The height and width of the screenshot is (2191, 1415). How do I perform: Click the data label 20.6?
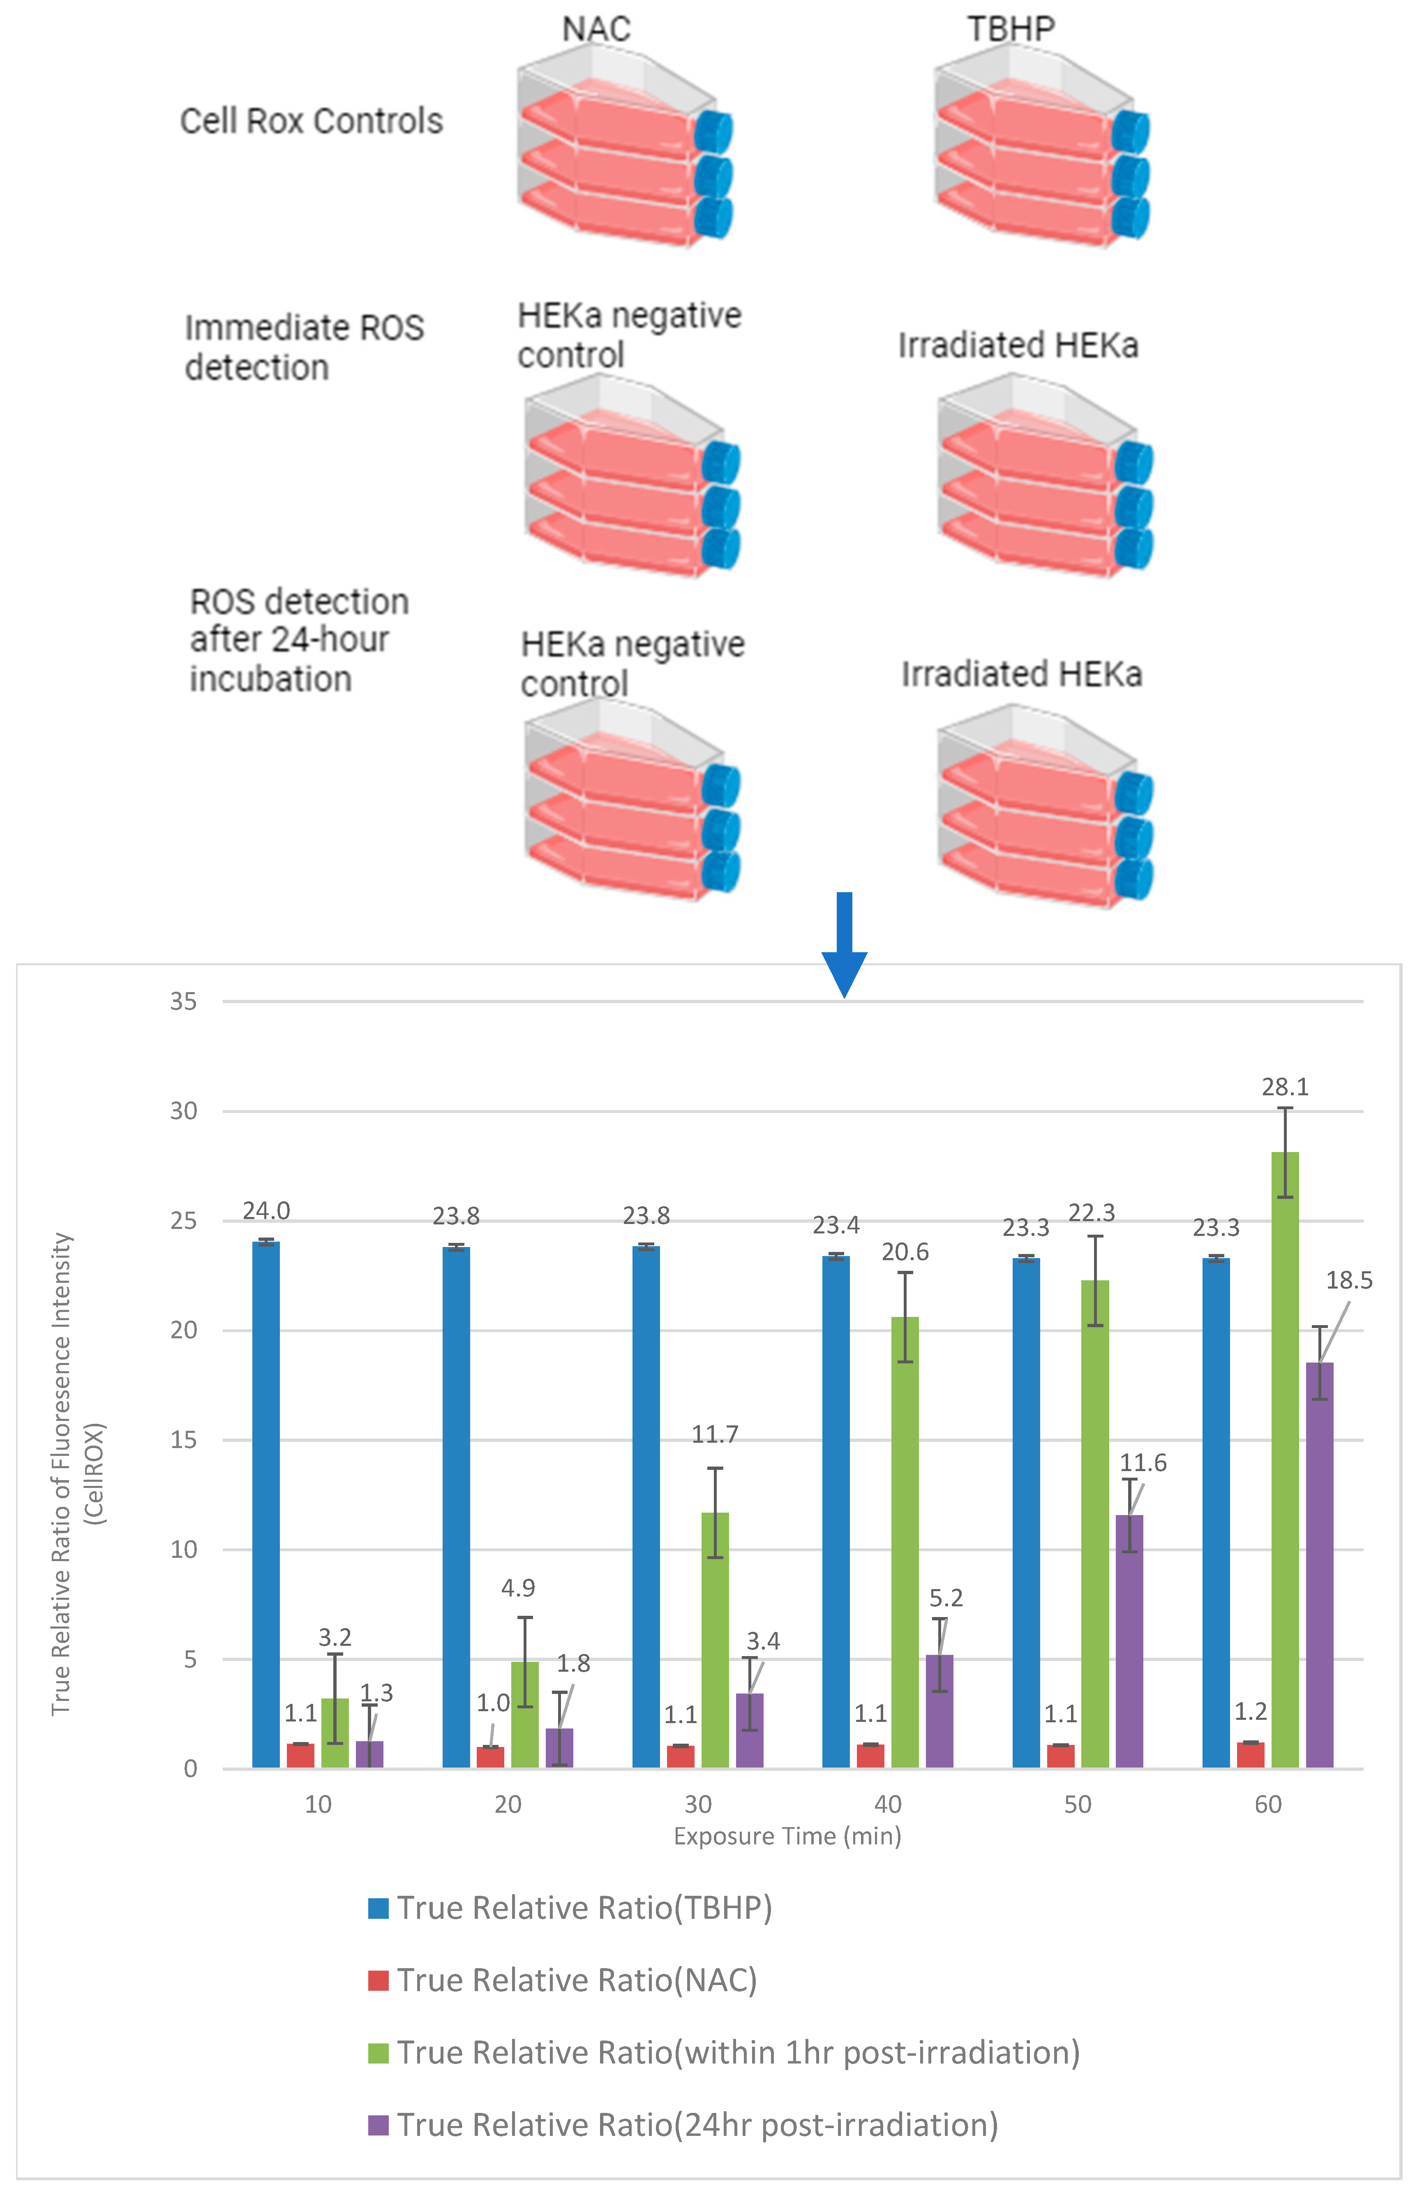pyautogui.click(x=905, y=1252)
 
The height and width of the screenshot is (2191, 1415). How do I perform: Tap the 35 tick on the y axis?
pyautogui.click(x=184, y=1002)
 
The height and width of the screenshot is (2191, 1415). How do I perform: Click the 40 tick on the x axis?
pyautogui.click(x=888, y=1804)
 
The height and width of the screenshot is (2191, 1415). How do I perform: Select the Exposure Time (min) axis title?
pyautogui.click(x=787, y=1836)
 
